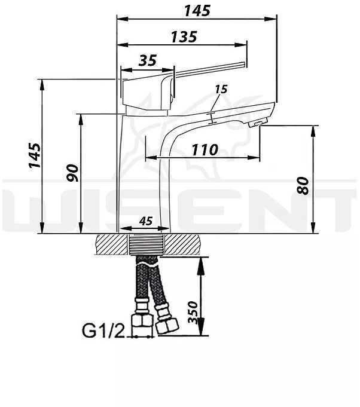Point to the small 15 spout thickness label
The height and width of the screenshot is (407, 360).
pyautogui.click(x=221, y=89)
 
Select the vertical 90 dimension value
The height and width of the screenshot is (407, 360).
pyautogui.click(x=72, y=174)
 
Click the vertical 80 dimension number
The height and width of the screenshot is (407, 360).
pyautogui.click(x=303, y=185)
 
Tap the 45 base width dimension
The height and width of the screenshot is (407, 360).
pyautogui.click(x=145, y=221)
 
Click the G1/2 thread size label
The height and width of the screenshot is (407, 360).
pyautogui.click(x=103, y=329)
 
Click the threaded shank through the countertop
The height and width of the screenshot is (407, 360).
pyautogui.click(x=145, y=246)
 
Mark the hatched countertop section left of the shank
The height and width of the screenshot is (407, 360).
pyautogui.click(x=112, y=246)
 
